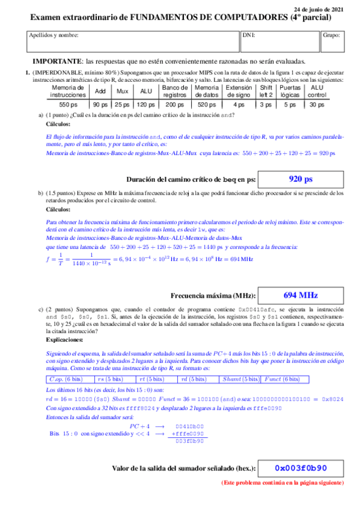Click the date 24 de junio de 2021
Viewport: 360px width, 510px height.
point(319,9)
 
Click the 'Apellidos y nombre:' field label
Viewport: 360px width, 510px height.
point(53,35)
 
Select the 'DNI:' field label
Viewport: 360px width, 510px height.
point(249,35)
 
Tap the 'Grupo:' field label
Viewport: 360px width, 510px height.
point(331,35)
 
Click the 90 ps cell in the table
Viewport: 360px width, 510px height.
point(100,105)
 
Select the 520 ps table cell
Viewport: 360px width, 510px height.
point(207,105)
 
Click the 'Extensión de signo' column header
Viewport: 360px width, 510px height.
point(239,91)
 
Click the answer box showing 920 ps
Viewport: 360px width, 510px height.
point(301,179)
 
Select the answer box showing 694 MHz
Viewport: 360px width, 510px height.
point(301,295)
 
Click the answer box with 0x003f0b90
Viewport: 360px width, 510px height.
point(301,468)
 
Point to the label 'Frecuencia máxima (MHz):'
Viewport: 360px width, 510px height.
point(213,296)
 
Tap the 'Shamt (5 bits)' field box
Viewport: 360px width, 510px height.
point(240,379)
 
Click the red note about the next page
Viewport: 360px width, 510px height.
point(282,483)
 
